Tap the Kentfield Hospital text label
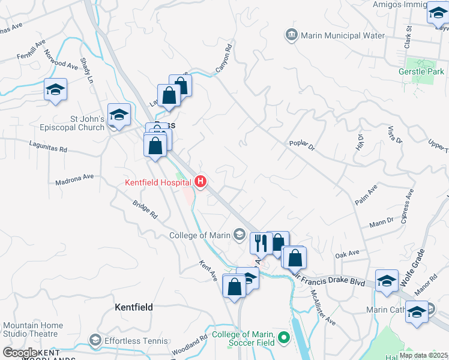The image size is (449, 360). tap(158, 182)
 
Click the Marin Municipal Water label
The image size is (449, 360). tap(342, 35)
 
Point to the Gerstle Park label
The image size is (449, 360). tap(420, 71)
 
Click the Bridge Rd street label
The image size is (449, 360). tap(145, 208)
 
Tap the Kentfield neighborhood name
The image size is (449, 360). tap(133, 307)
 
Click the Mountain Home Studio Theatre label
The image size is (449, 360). tap(31, 329)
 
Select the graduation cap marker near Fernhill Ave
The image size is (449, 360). tap(55, 90)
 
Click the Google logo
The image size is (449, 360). tap(20, 353)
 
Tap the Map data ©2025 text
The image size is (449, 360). tap(423, 355)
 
